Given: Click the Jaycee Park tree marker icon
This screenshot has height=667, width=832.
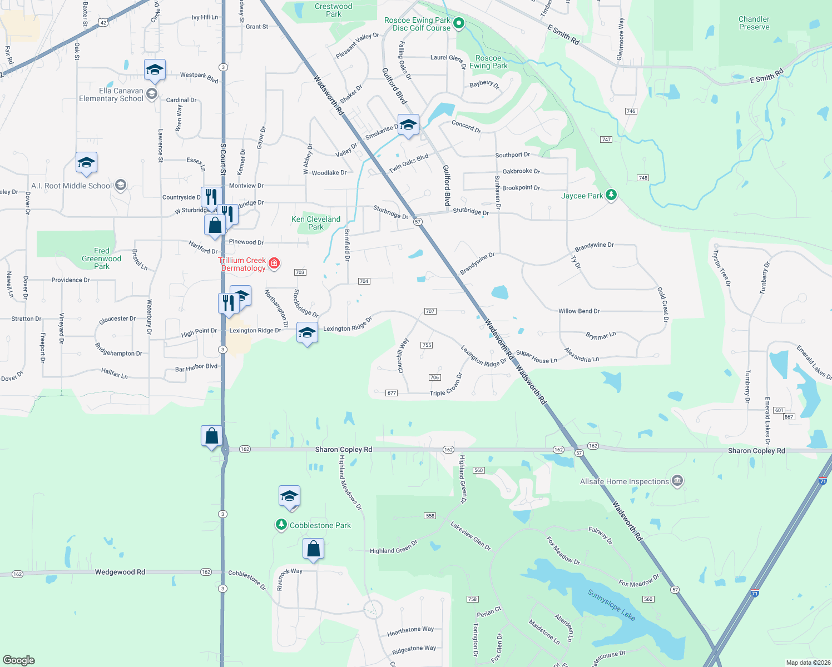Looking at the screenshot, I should tap(611, 195).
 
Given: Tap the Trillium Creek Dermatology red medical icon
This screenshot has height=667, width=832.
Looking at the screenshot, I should tap(274, 263).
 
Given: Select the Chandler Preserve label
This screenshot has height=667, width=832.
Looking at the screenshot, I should tap(754, 23).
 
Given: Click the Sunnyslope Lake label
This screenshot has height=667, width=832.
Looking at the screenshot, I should tap(611, 605).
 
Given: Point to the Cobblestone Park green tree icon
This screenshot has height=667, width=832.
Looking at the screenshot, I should tap(281, 525).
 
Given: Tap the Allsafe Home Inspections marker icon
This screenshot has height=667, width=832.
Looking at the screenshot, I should tap(677, 481).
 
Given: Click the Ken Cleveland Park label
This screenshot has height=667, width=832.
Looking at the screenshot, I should tap(316, 223).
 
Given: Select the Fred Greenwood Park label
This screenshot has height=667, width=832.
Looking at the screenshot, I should tap(101, 258).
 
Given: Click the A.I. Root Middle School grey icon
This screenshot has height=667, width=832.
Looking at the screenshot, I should tap(121, 185).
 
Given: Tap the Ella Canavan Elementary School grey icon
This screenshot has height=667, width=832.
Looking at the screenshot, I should tap(152, 94).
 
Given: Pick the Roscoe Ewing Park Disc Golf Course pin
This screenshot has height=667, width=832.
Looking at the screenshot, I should tap(459, 23).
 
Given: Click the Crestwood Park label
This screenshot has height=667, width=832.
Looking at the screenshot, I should tap(333, 10).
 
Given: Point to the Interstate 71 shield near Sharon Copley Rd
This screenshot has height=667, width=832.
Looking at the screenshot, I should tap(823, 480).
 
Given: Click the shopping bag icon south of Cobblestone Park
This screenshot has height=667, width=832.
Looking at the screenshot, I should tap(313, 549).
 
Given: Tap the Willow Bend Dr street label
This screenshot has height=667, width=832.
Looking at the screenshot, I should tap(579, 311).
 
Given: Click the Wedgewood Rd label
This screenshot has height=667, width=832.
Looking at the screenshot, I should tap(120, 572).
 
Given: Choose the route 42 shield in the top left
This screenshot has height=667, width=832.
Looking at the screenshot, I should tap(103, 23).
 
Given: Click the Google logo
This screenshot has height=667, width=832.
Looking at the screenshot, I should tap(19, 660).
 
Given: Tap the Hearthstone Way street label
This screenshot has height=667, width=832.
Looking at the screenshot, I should tap(410, 631).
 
